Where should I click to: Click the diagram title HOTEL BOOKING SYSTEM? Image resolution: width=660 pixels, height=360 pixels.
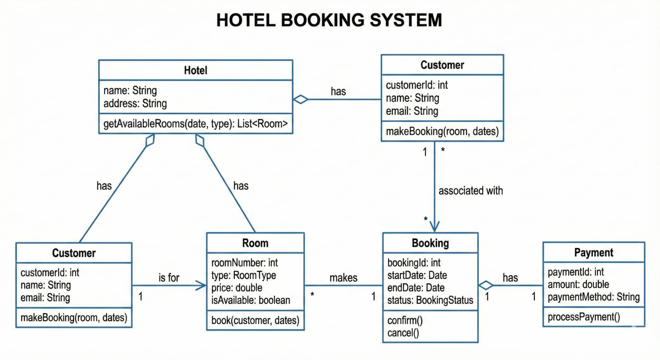[329, 20]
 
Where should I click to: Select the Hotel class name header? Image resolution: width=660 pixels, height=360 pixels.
[196, 70]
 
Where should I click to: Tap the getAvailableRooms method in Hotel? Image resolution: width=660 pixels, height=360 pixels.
[195, 124]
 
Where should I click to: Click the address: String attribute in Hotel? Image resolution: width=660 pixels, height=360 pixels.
[135, 103]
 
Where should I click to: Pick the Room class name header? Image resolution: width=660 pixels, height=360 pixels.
[255, 243]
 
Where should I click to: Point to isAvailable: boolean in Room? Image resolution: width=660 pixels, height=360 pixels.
[251, 300]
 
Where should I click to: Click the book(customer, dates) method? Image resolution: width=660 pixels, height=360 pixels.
[255, 320]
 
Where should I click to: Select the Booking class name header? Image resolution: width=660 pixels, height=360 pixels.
[430, 243]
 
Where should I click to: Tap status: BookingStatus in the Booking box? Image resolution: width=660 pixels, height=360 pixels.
[430, 300]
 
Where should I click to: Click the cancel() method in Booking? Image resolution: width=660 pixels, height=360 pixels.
[403, 333]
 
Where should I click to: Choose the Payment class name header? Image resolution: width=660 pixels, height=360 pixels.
[593, 252]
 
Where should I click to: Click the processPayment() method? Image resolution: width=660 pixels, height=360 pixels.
[584, 317]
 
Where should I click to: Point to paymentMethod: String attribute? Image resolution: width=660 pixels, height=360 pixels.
[593, 297]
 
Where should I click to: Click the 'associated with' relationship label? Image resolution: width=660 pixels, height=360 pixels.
[470, 190]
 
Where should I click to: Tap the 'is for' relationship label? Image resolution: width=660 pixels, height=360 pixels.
[169, 277]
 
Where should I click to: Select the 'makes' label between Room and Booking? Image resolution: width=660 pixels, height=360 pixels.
[343, 277]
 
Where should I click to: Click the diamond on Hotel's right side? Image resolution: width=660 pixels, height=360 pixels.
[301, 99]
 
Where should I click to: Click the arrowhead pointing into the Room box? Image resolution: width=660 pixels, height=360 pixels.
[201, 285]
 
